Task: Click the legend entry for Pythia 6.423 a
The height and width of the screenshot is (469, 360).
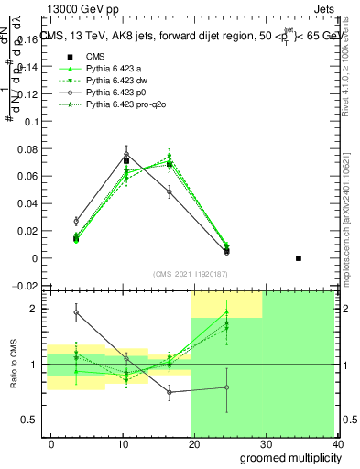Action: [115, 69]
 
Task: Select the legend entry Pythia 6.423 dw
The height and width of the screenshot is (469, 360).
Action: [116, 82]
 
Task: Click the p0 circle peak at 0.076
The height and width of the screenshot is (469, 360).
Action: [126, 154]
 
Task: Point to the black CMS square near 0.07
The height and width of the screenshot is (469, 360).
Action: [126, 161]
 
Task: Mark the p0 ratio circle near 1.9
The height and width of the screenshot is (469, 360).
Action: [76, 312]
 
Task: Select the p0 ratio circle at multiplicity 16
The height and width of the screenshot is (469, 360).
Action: [169, 391]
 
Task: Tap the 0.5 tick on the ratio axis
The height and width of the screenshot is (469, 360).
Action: [31, 420]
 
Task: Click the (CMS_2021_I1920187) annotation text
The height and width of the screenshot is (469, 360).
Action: [191, 273]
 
